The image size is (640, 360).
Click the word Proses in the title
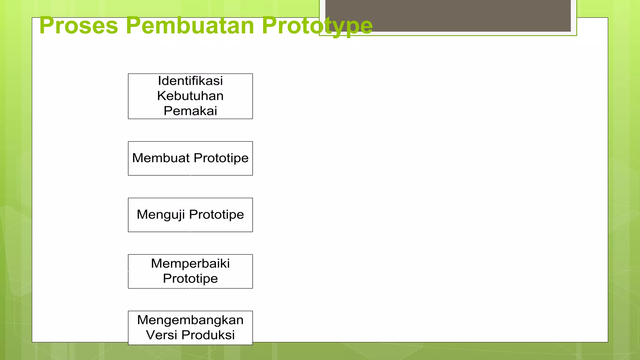tap(79, 26)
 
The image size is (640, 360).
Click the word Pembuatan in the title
tap(190, 26)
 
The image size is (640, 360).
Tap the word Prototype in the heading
tap(317, 26)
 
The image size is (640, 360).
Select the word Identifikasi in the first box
tap(190, 81)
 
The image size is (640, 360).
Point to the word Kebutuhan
tap(190, 96)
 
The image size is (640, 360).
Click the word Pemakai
tap(190, 111)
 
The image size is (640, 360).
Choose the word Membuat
tap(161, 158)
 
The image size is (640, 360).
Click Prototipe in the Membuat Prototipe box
tap(221, 158)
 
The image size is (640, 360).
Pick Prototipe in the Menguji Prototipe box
tap(216, 215)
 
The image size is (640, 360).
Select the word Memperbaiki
tap(190, 263)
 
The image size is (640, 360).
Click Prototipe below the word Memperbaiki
tap(190, 278)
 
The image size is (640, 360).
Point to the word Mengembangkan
tap(190, 320)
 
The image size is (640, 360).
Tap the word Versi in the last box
tap(162, 335)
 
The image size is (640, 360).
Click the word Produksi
tap(208, 335)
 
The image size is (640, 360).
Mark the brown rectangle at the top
tap(448, 16)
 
